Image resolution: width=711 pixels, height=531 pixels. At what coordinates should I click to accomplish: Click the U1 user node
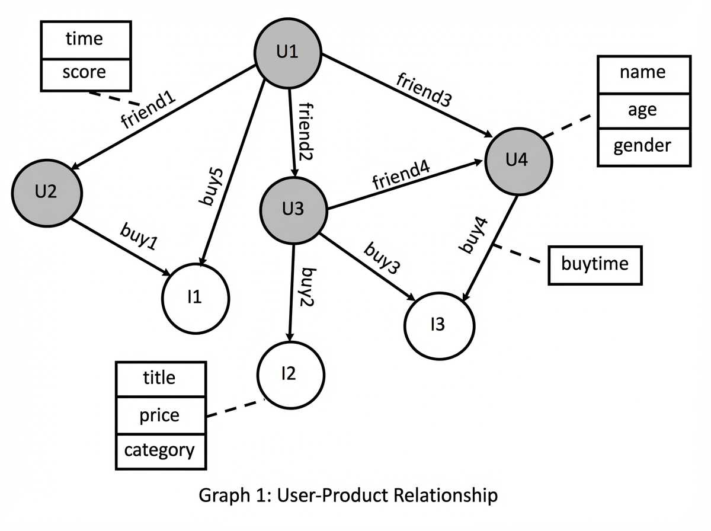287,53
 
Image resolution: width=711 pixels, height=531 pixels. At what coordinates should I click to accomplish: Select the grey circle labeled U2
47,193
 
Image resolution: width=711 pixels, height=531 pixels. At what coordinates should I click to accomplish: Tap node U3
293,210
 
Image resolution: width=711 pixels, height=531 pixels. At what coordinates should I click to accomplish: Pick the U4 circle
518,161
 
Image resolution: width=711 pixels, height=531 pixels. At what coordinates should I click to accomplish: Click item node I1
196,298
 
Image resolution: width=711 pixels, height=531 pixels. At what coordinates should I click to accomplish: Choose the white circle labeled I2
290,375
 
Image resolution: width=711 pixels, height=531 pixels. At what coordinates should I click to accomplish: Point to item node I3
439,325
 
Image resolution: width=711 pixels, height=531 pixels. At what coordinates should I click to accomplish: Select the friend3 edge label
424,89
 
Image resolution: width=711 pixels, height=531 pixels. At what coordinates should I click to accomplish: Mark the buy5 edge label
212,187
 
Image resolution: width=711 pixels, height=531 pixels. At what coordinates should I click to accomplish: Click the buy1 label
139,236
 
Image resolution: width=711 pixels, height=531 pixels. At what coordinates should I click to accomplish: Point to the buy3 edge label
382,258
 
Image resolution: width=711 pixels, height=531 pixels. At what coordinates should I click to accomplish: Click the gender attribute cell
644,147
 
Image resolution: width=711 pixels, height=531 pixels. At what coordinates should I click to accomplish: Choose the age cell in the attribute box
644,111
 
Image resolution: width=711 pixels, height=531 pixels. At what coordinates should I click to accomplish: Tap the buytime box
595,265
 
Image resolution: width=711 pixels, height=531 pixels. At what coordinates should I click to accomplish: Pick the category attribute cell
161,452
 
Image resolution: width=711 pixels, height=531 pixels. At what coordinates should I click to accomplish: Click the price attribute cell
161,415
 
